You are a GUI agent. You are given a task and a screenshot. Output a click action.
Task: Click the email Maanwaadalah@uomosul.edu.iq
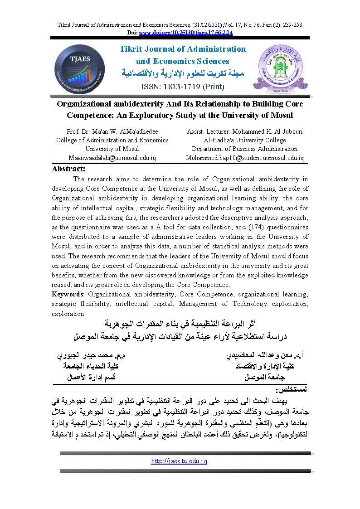(112, 158)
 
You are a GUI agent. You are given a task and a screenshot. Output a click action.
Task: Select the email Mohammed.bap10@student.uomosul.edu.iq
(245, 158)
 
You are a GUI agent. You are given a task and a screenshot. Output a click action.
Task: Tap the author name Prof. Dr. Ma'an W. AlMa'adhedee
(112, 131)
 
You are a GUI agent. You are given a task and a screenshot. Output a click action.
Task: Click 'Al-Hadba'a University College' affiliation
(245, 140)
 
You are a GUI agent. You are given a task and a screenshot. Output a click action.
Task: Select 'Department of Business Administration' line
(245, 149)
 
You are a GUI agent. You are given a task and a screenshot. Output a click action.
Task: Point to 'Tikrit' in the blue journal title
(131, 49)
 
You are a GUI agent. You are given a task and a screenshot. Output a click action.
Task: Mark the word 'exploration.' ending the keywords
(68, 313)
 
